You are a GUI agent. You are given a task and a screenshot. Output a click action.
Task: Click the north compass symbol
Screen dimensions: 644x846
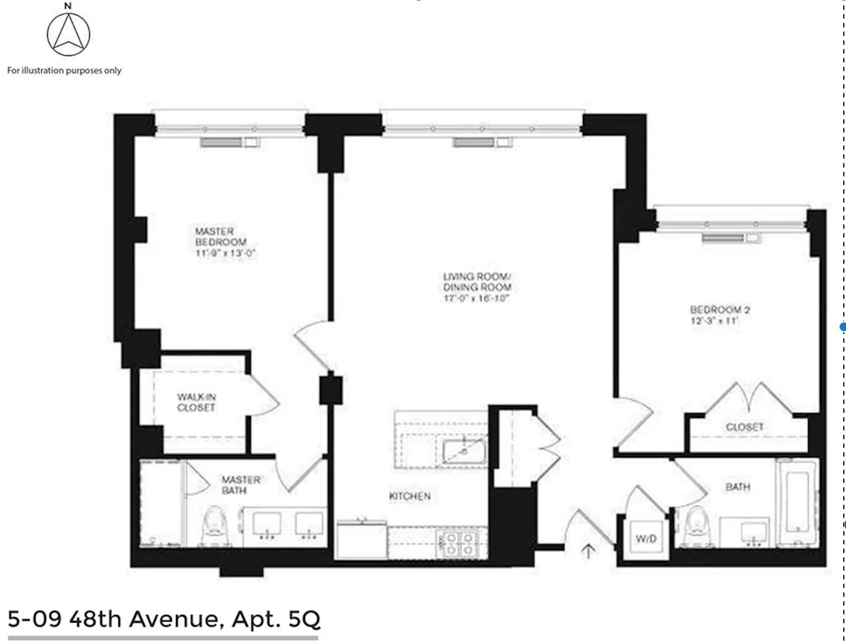click(68, 35)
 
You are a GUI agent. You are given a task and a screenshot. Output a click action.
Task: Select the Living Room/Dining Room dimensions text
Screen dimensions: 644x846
click(477, 298)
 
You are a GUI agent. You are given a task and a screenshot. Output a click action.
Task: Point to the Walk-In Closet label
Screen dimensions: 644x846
click(196, 402)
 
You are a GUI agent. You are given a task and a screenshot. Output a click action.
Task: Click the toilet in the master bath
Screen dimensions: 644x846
click(213, 526)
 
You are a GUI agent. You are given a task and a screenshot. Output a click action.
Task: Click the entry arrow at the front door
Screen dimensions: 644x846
click(589, 550)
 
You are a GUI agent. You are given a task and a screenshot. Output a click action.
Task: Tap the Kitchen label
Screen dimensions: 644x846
click(410, 496)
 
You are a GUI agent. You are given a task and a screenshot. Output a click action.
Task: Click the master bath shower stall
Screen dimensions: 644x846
click(160, 502)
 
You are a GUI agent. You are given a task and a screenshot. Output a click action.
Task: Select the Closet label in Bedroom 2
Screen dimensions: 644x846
click(744, 427)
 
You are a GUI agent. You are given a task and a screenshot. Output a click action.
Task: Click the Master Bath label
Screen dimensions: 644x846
click(241, 485)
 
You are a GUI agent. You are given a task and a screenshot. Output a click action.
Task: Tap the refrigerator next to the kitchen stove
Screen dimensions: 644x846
click(362, 540)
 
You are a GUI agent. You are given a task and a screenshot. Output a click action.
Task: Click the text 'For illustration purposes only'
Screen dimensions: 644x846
click(64, 70)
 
